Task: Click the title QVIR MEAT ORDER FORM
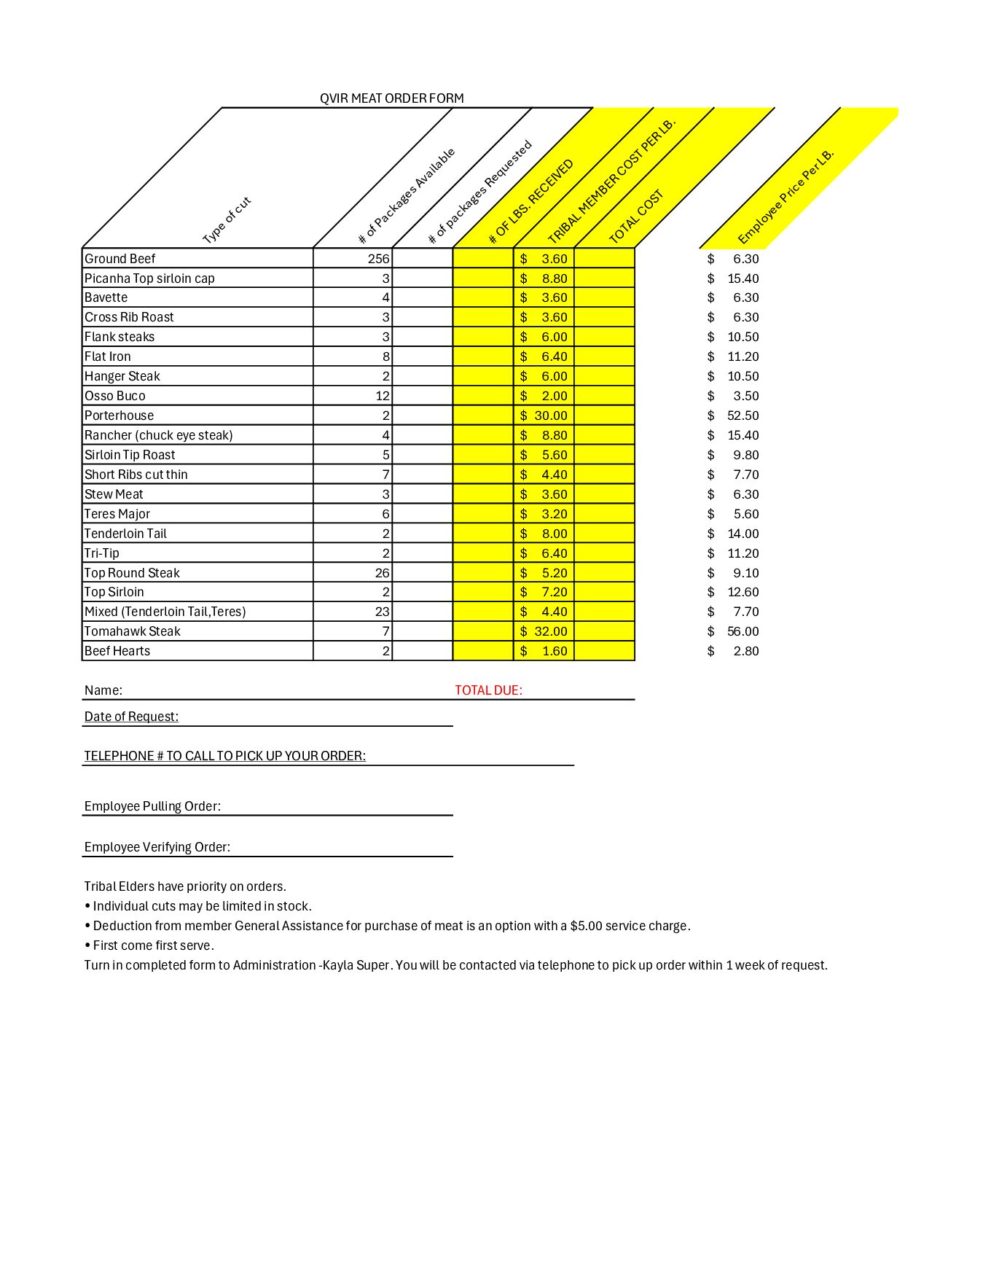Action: (391, 98)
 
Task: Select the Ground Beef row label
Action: (120, 259)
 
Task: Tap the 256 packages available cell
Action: (378, 259)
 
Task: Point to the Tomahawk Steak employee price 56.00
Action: (743, 631)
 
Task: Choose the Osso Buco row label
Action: (115, 396)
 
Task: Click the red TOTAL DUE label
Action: (488, 690)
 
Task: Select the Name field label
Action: (103, 690)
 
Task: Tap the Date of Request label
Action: (131, 717)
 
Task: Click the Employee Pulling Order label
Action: (152, 806)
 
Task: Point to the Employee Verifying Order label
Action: (157, 847)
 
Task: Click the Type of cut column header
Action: (227, 220)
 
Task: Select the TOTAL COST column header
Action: (636, 217)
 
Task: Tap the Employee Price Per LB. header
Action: (786, 197)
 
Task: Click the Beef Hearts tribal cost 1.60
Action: (555, 651)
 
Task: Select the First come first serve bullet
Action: (153, 945)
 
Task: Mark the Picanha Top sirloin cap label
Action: (149, 278)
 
